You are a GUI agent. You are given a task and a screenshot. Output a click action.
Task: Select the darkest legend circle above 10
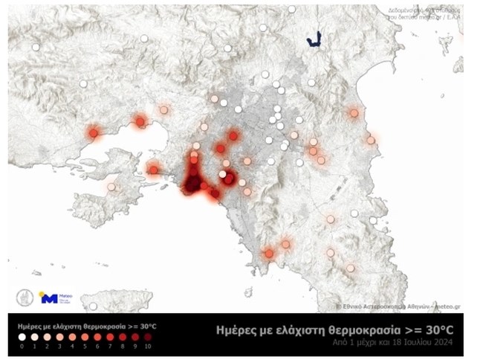tap(148, 336)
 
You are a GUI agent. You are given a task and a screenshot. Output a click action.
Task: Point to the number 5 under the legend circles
tap(85, 346)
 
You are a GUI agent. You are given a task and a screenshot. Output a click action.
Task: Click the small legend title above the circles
tap(86, 324)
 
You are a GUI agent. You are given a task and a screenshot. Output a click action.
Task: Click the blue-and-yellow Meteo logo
tap(57, 298)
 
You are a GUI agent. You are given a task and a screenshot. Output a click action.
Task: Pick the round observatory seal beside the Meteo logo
tap(25, 298)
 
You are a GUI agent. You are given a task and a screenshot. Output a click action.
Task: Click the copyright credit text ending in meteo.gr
tap(398, 306)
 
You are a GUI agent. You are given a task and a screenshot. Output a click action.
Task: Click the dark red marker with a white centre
tap(229, 179)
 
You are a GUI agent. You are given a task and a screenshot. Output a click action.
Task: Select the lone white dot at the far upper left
tap(35, 47)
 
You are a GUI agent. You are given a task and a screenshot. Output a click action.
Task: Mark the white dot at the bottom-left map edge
tap(93, 306)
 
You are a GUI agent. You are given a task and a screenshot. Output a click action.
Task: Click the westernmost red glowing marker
tap(94, 133)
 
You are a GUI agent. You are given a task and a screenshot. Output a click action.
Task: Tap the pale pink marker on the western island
tap(111, 187)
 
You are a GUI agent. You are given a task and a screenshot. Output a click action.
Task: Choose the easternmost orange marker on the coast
tap(371, 140)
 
